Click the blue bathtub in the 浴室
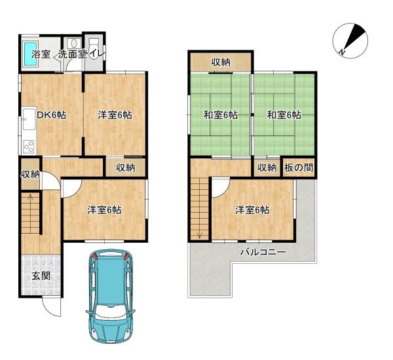29,54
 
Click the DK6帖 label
50,115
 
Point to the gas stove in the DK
28,145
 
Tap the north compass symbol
351,40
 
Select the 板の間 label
297,168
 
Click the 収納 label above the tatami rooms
221,62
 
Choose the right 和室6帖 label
284,115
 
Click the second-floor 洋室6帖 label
252,209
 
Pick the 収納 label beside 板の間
267,168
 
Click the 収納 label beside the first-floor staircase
30,174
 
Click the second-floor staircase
200,210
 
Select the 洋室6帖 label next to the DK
115,115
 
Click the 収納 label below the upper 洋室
126,168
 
